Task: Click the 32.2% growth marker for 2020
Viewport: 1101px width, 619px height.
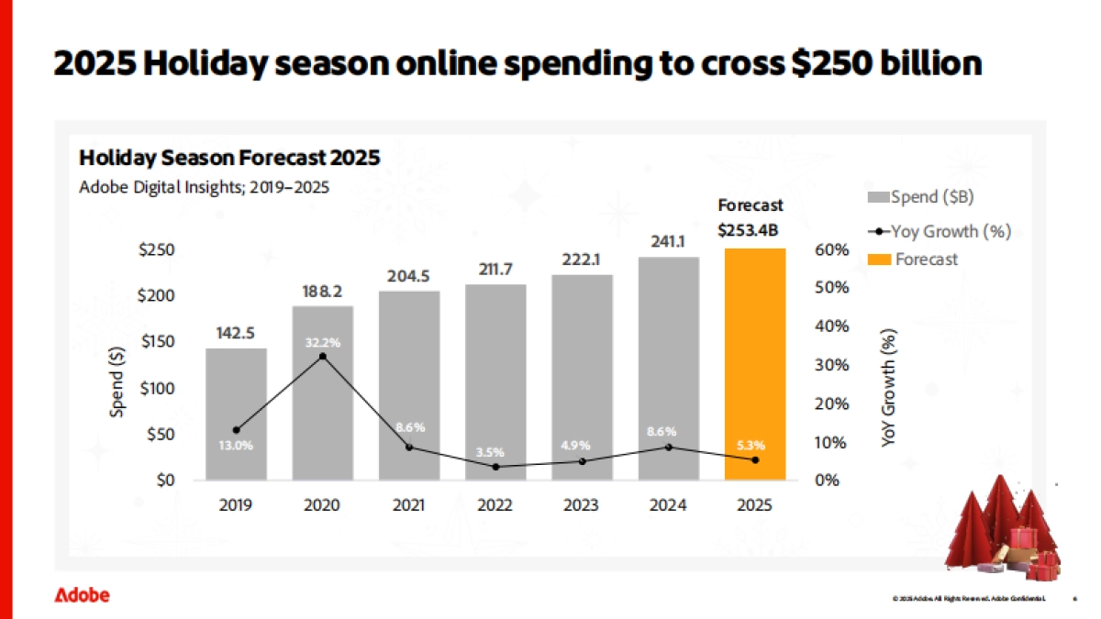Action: coord(322,356)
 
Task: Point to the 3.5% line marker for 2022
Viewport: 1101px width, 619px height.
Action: coord(495,467)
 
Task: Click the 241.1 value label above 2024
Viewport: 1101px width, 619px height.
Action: coord(668,243)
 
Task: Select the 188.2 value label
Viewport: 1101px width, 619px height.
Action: coord(322,291)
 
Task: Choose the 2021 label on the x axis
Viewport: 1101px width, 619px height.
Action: coord(409,504)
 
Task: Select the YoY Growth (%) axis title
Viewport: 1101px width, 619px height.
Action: coord(888,388)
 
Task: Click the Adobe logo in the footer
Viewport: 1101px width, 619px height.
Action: coord(82,595)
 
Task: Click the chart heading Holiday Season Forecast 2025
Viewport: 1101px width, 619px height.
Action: coord(229,158)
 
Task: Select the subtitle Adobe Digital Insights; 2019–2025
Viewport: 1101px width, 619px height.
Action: coord(204,187)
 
